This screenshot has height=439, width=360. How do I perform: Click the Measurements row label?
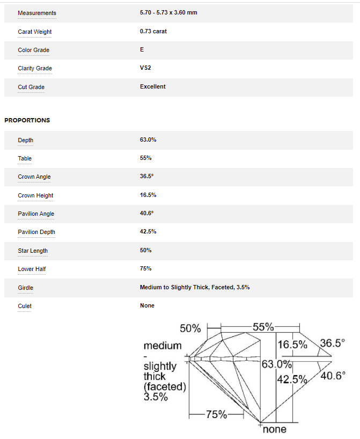coord(36,13)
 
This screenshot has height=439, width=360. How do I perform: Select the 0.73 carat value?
coord(153,31)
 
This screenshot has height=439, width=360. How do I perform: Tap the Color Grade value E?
coord(142,49)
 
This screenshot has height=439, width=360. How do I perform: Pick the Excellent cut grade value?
coord(152,86)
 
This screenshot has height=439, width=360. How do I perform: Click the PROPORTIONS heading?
coord(27,120)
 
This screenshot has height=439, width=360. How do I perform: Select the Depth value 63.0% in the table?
coord(148,140)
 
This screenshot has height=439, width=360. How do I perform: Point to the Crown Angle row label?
coord(34,177)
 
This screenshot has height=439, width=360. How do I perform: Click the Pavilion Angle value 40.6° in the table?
coord(146,213)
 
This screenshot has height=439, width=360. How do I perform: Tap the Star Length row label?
coord(32,251)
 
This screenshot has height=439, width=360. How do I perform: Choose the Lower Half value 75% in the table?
coord(145,268)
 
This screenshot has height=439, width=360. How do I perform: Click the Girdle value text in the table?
coord(194,287)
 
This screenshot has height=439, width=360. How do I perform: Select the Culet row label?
coord(25,306)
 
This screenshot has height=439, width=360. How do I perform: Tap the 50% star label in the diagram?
coord(190,328)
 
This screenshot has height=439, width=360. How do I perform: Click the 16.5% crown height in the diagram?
coord(292,345)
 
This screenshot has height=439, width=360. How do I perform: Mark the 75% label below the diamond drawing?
coord(216,414)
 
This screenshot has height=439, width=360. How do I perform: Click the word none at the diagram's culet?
coord(274,429)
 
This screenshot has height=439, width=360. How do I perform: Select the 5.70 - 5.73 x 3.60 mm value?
coord(168,12)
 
